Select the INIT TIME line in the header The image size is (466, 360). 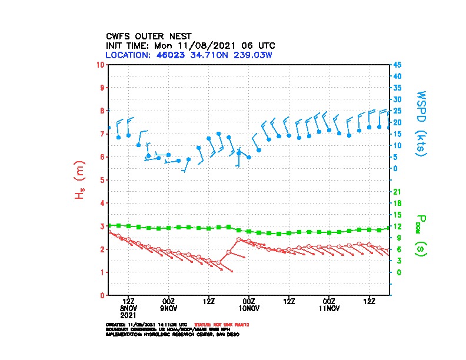click(x=190, y=45)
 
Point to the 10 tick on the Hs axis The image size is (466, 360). click(x=101, y=65)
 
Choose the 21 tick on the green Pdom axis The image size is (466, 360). click(x=397, y=192)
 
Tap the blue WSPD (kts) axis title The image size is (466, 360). click(x=421, y=122)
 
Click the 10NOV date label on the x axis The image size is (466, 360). click(x=249, y=308)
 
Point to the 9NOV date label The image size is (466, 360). click(x=169, y=308)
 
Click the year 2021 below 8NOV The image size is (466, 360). click(x=128, y=315)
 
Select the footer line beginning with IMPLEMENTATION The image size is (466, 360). click(x=172, y=334)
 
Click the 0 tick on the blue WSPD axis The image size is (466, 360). click(x=395, y=168)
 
